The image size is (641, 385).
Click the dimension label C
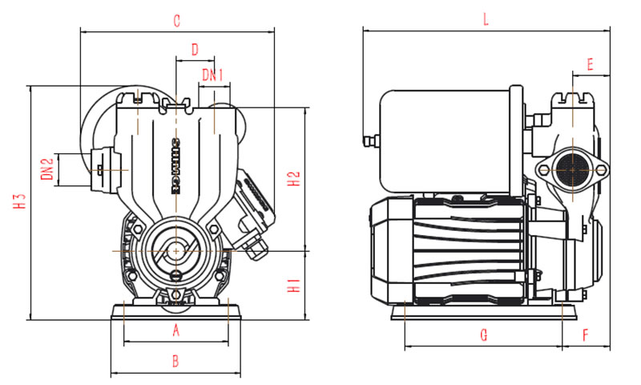click(177, 21)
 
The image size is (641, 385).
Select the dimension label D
click(194, 49)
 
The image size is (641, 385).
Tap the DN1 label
click(212, 75)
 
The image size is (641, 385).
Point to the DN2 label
click(46, 170)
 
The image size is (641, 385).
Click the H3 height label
click(20, 203)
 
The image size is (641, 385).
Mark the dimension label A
click(176, 330)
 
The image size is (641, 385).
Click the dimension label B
click(176, 361)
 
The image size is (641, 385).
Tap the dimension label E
click(590, 63)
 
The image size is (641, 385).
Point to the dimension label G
click(483, 335)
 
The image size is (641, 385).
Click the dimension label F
click(586, 335)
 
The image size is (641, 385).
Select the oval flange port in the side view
click(571, 170)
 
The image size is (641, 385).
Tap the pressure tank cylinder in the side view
click(445, 140)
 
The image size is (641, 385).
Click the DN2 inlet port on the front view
click(101, 169)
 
